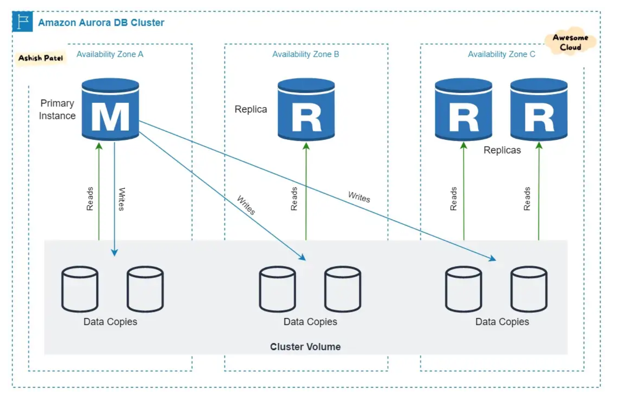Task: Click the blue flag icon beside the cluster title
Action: coord(23,21)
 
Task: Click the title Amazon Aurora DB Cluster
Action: coord(101,23)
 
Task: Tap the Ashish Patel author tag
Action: coord(41,58)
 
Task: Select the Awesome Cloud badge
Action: coord(571,42)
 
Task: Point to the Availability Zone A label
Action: coord(110,54)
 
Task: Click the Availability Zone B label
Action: coord(306,54)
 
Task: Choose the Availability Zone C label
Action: coord(502,54)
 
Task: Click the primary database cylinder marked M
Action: coord(110,109)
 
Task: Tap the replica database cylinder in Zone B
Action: coord(306,109)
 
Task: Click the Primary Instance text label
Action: coord(57,109)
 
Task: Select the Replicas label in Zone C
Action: coord(502,150)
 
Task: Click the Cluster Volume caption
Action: coord(305,347)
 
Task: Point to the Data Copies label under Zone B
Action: coord(310,322)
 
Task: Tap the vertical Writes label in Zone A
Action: coord(122,199)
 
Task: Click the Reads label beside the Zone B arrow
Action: coord(294,199)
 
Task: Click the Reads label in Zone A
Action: coord(90,199)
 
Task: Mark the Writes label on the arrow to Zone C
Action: coord(359,197)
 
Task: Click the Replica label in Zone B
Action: coord(251,109)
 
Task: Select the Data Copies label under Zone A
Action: coord(110,322)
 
